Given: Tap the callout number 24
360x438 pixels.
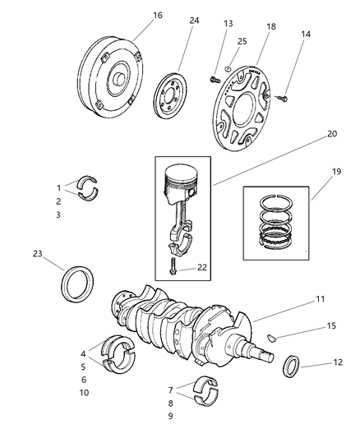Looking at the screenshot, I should (x=194, y=22).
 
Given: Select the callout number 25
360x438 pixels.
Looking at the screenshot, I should (x=242, y=41).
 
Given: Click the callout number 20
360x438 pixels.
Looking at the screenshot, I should (x=309, y=134).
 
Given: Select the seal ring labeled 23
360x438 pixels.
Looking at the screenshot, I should (x=78, y=284).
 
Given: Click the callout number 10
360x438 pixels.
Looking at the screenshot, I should (x=83, y=394).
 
